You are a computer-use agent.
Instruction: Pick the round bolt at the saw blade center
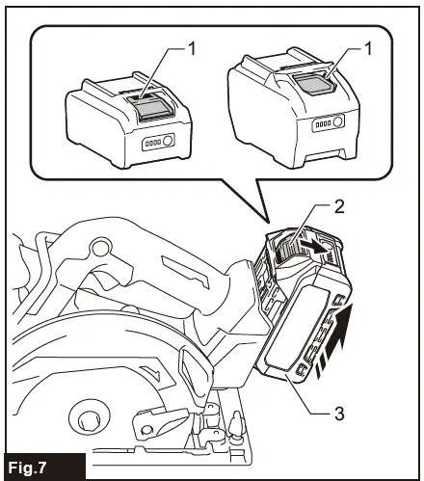pyautogui.click(x=90, y=420)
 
